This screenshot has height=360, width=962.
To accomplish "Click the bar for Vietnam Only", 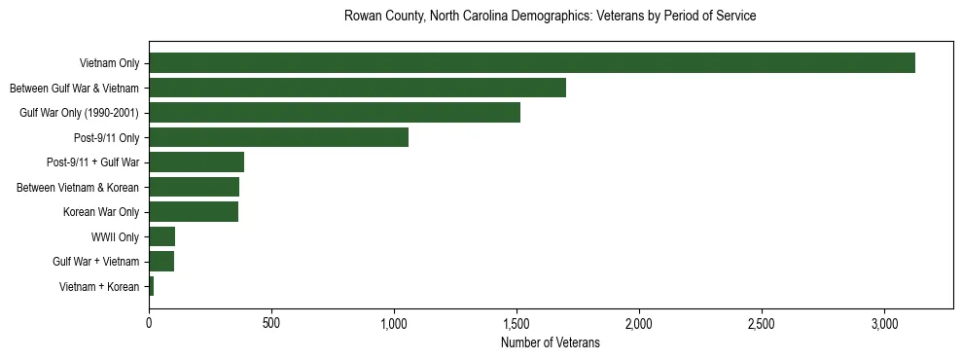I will [531, 63].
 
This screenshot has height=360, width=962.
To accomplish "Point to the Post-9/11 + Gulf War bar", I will [196, 162].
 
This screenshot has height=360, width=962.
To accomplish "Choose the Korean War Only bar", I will [194, 212].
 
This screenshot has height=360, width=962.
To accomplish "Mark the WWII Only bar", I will [161, 236].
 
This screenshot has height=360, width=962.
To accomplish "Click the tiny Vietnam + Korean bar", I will [152, 286].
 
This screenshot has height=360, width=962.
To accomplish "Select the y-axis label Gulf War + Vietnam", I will [96, 262].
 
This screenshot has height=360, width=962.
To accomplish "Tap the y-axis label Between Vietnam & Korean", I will [78, 187].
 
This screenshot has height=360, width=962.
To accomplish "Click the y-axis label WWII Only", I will [115, 236].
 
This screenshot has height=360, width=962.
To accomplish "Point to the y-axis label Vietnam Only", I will [109, 63].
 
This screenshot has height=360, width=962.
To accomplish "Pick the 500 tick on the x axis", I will [271, 322].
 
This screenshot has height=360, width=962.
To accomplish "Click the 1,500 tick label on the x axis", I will [517, 322].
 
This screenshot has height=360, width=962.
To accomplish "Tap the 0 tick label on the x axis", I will [149, 322].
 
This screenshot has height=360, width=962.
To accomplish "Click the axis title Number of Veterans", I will [550, 343].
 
